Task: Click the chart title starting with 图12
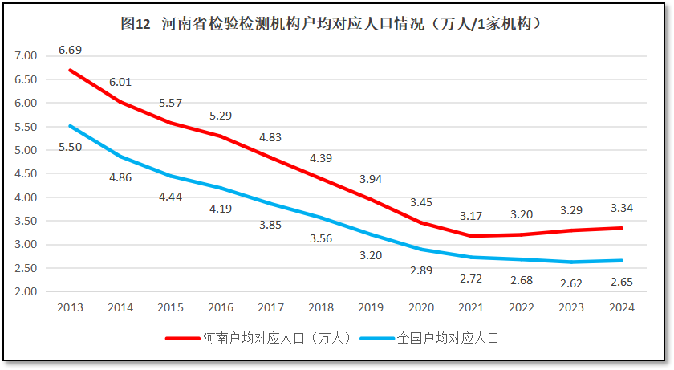tap(336, 24)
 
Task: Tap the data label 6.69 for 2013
tap(70, 50)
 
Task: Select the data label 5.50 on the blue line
tap(70, 146)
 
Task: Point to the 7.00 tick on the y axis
tap(26, 55)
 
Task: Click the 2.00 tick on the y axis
tap(26, 291)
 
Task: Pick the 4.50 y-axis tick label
tap(26, 173)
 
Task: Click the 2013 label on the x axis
tap(70, 307)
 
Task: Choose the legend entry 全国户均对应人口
tap(448, 338)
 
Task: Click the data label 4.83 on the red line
tap(270, 137)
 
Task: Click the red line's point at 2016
tap(220, 136)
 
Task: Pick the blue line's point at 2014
tap(120, 157)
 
